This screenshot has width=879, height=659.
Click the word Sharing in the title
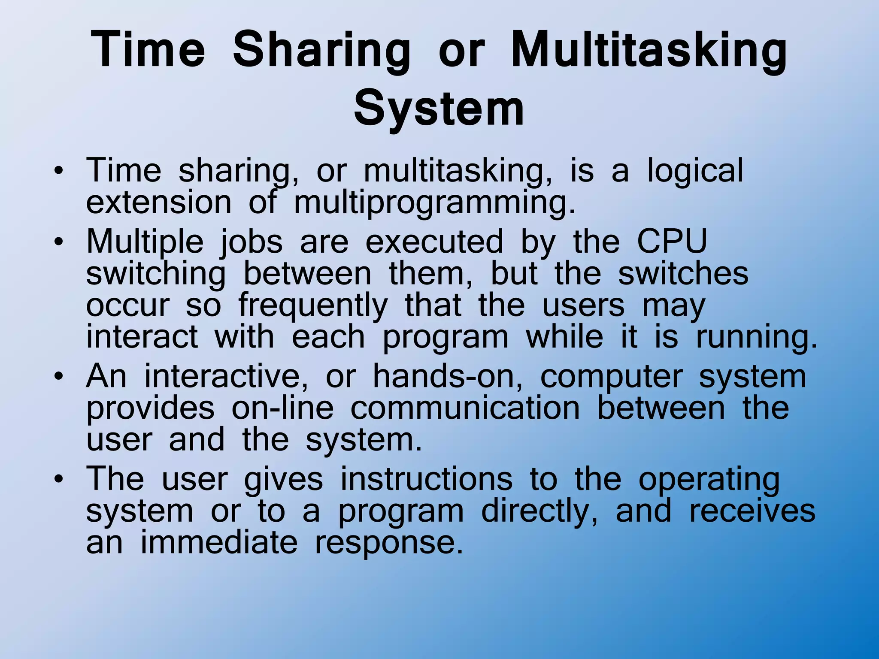pyautogui.click(x=321, y=51)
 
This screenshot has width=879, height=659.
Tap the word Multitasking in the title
pyautogui.click(x=649, y=51)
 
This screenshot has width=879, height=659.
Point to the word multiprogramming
pyautogui.click(x=434, y=203)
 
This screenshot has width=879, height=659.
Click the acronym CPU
pyautogui.click(x=672, y=241)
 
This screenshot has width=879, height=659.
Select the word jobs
pyautogui.click(x=251, y=242)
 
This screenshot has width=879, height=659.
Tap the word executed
pyautogui.click(x=434, y=241)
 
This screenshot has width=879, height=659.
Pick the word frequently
pyautogui.click(x=313, y=305)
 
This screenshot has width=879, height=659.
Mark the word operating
pyautogui.click(x=709, y=480)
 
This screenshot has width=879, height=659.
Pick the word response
pyautogui.click(x=389, y=543)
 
